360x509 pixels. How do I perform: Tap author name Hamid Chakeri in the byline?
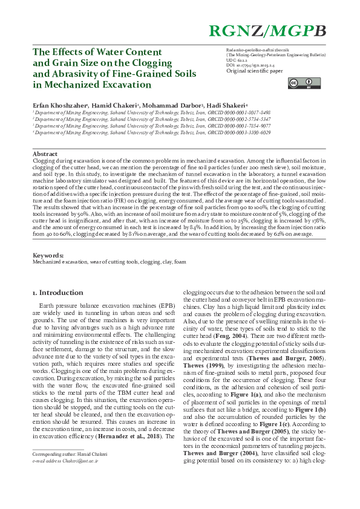tap(114, 105)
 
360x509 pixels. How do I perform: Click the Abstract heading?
tap(45, 154)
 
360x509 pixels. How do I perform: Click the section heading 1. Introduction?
tap(57, 293)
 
